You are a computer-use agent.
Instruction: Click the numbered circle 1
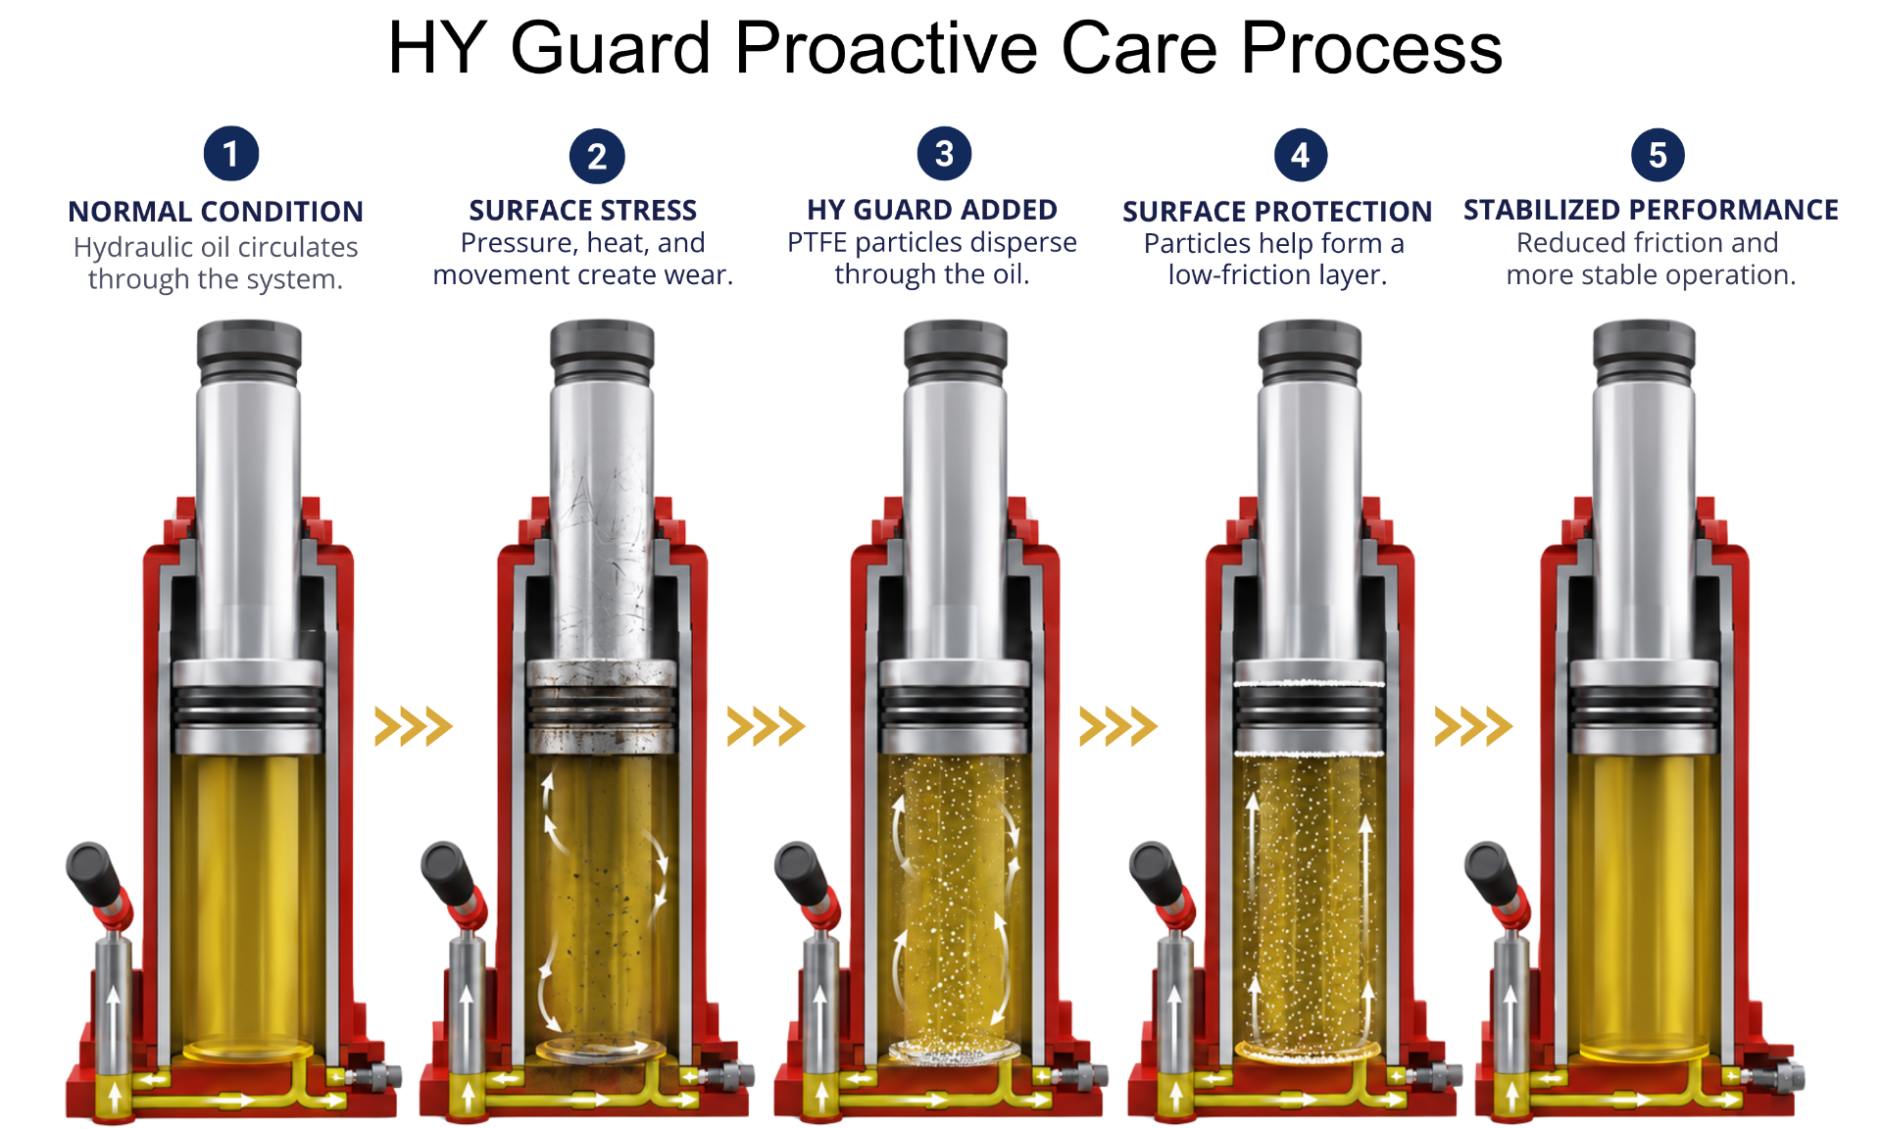coord(230,154)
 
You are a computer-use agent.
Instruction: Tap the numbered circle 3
coord(944,154)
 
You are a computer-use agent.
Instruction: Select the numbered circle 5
coord(1658,155)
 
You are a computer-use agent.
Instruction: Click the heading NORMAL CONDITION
coord(216,212)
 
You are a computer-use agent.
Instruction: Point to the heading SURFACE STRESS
coord(583,211)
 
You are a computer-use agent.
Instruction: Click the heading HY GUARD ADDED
coord(932,210)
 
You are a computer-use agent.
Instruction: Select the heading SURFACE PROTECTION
coord(1277,212)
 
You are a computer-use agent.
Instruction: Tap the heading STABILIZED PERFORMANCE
coord(1651,210)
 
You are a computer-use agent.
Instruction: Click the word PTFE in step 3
coord(817,242)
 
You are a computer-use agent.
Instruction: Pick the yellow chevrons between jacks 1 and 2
coord(414,726)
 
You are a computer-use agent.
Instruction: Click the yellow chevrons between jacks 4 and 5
coord(1473,726)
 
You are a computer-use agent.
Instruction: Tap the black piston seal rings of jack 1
coord(248,707)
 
